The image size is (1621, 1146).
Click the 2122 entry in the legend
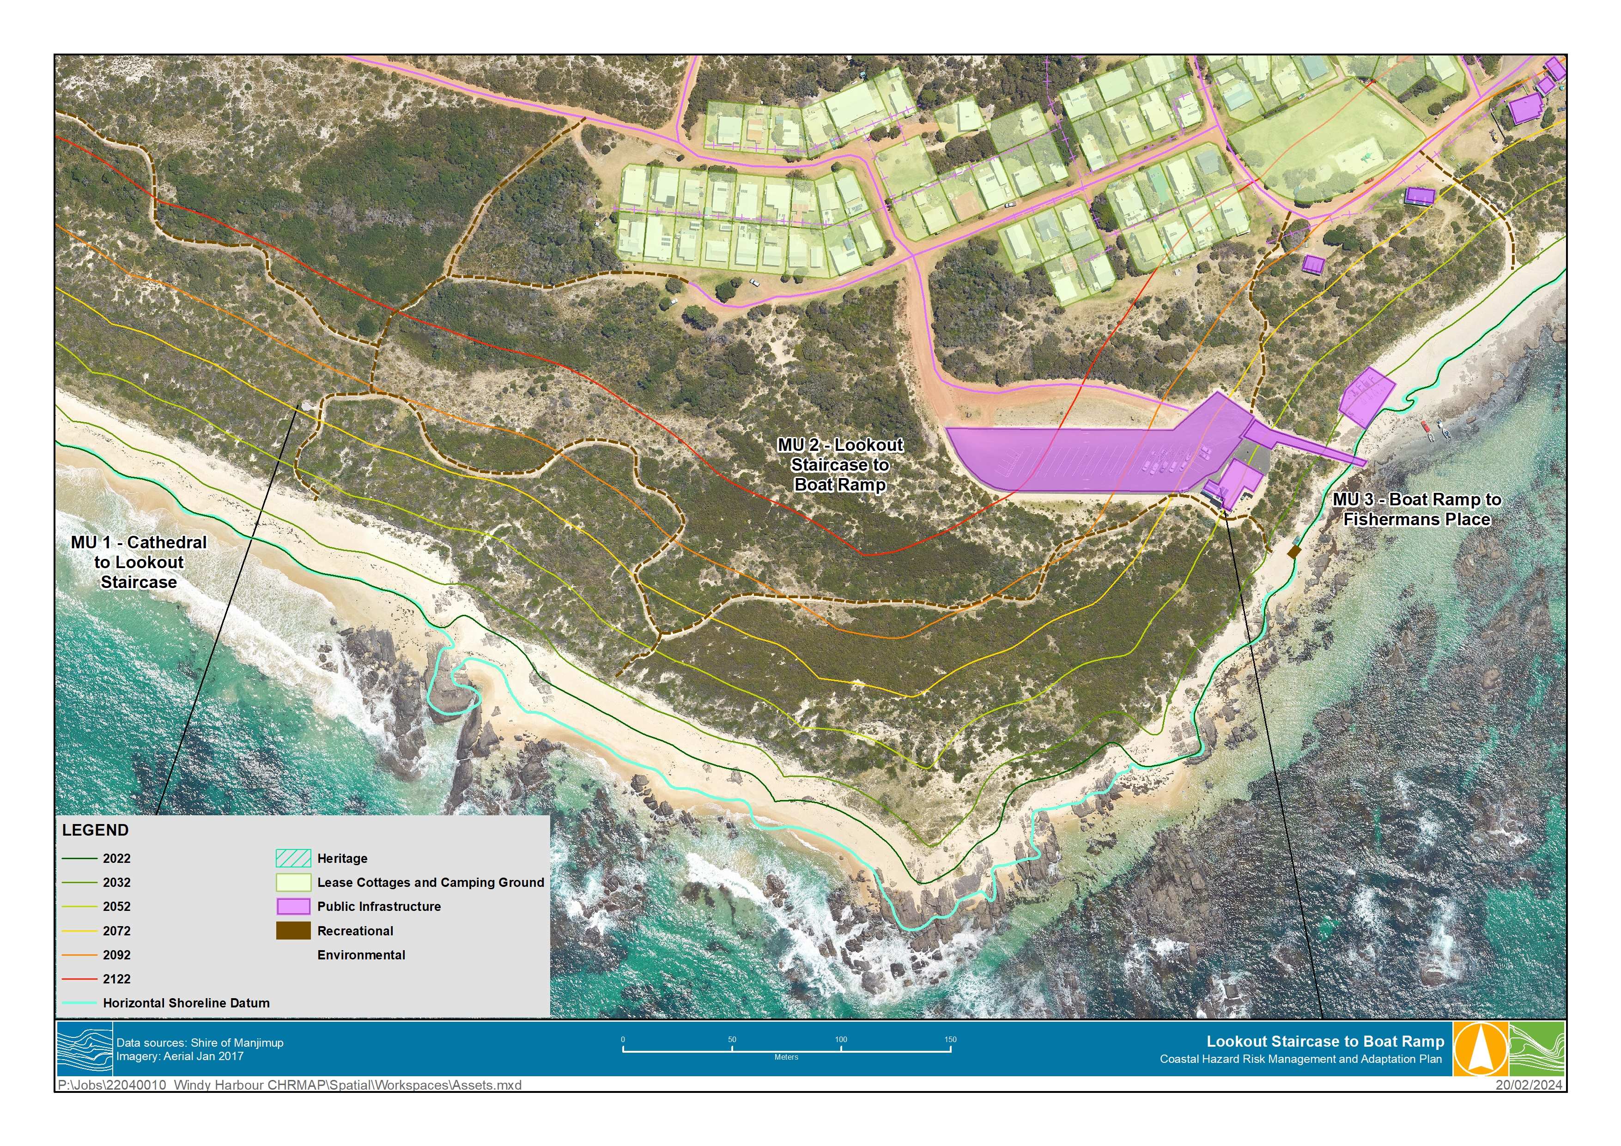click(x=116, y=979)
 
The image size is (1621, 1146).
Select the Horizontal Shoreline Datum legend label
click(x=186, y=1003)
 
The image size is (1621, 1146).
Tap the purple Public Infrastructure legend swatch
click(x=292, y=907)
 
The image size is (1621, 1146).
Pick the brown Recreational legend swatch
click(x=292, y=931)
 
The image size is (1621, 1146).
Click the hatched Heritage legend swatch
click(x=292, y=859)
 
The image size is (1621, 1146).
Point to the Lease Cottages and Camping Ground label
click(x=430, y=883)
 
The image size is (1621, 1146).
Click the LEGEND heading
click(x=95, y=831)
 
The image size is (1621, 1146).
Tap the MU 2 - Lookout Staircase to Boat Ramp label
click(x=839, y=465)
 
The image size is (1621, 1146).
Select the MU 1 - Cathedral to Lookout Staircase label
click(x=139, y=562)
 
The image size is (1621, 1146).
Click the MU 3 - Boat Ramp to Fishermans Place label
click(x=1416, y=509)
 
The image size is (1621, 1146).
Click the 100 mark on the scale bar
click(x=841, y=1040)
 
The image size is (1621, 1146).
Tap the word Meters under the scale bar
click(x=786, y=1058)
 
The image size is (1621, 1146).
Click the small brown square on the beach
click(x=1293, y=552)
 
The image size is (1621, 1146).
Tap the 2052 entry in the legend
click(x=116, y=907)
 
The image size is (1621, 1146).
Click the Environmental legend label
click(x=361, y=955)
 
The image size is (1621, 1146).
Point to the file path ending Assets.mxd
click(x=290, y=1085)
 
